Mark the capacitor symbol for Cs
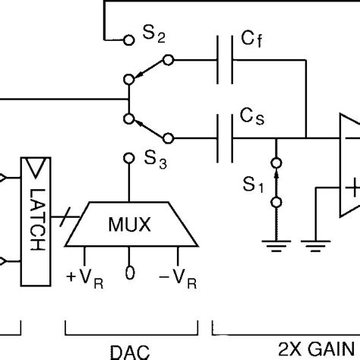coord(224,137)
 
